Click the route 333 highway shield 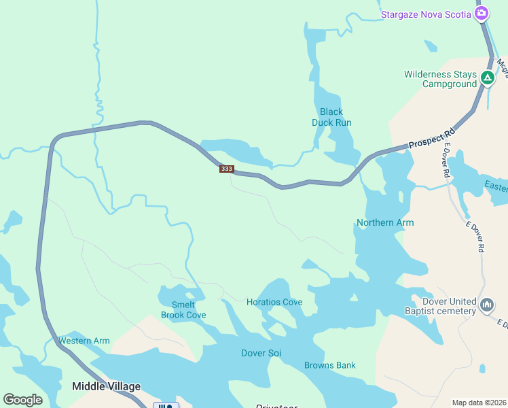pos(227,169)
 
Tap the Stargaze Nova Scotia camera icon pos(482,14)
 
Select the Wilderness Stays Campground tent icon pos(487,78)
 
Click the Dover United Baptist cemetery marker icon pos(486,305)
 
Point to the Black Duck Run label pos(331,117)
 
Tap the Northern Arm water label pos(385,222)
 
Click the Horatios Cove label pos(274,302)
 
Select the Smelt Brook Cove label pos(183,310)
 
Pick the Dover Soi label pos(261,353)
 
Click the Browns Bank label pos(329,365)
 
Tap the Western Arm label pos(84,341)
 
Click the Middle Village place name pos(106,386)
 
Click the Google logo pos(23,400)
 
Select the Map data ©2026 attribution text pos(478,403)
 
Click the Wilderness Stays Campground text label pos(440,79)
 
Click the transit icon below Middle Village pos(166,405)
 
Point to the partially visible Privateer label pos(276,406)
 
